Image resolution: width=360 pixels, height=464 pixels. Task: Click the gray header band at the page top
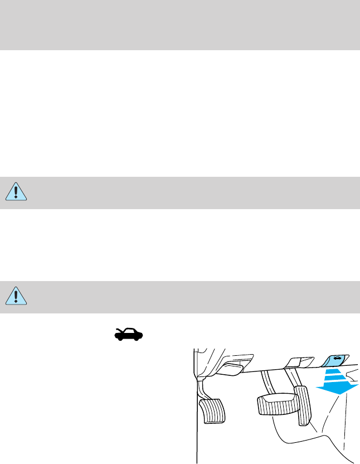pos(180,25)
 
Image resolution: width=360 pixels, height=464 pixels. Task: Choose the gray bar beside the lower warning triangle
pos(189,296)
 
